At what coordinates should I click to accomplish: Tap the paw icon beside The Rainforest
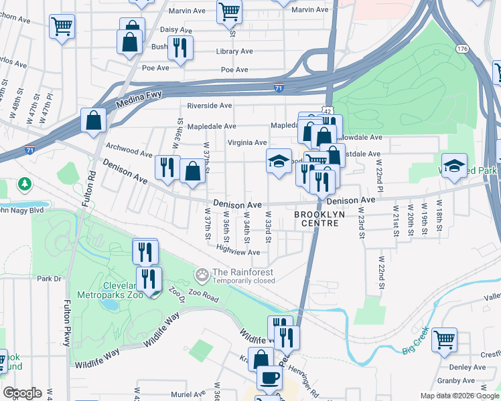point(202,275)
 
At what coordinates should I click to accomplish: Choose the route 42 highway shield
point(326,110)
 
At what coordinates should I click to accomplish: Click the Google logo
point(21,393)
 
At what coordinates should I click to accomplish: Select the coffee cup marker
point(270,378)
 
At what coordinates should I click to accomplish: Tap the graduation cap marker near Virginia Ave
point(279,161)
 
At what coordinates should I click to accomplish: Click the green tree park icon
point(25,183)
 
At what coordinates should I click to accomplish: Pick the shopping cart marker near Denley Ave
point(444,339)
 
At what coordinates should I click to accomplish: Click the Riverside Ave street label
point(209,106)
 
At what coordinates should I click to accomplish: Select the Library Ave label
point(234,51)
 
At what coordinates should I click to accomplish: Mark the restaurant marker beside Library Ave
point(180,47)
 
